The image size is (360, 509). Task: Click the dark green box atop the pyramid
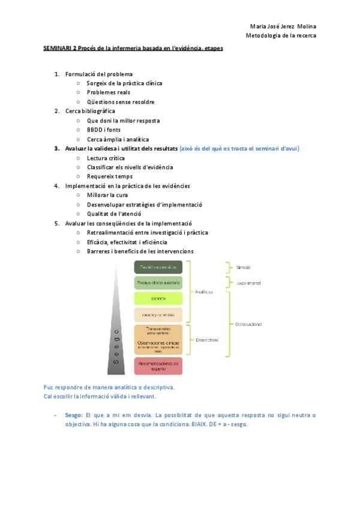(x=158, y=267)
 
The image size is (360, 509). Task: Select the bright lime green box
(x=158, y=298)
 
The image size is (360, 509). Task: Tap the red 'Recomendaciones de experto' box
(x=158, y=365)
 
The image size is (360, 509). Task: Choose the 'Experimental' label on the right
(x=248, y=283)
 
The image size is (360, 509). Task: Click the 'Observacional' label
(x=248, y=324)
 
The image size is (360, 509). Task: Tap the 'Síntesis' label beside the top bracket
(x=244, y=267)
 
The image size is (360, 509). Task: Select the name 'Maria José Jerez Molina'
(x=283, y=26)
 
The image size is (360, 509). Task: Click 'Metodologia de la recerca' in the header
(x=281, y=35)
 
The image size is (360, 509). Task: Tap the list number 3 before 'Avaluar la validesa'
(x=56, y=148)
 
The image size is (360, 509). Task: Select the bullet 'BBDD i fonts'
(x=103, y=130)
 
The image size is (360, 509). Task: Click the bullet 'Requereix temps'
(x=110, y=176)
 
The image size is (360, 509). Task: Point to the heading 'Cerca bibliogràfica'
(x=90, y=111)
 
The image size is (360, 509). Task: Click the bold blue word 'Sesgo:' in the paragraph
(x=74, y=415)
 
